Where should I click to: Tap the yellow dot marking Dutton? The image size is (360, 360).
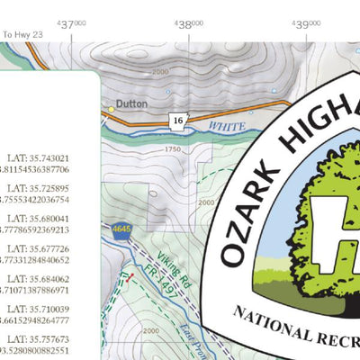coord(112,108)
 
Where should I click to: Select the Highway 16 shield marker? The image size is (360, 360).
coord(178,120)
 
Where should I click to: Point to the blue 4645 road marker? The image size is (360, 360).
coord(121,230)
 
